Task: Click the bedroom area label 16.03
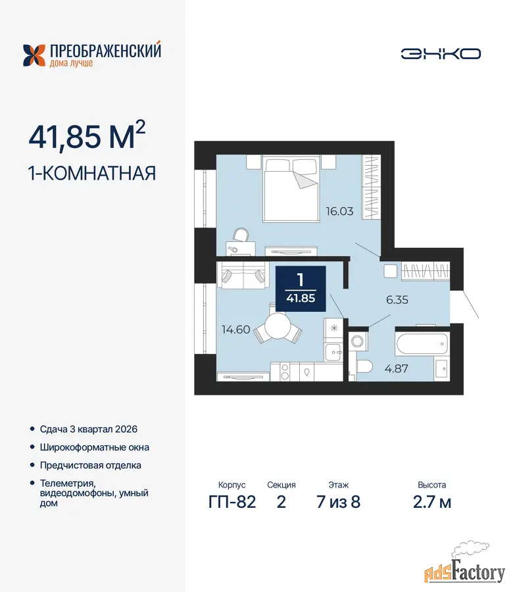tap(340, 211)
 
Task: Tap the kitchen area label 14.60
tap(236, 330)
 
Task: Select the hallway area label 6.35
tap(397, 300)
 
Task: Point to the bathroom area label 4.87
tap(397, 368)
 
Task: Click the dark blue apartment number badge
tap(301, 289)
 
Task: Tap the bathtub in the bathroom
tap(422, 343)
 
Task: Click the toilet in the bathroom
tap(364, 366)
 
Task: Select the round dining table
tap(278, 328)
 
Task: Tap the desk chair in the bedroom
tap(241, 235)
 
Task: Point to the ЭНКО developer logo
tap(441, 54)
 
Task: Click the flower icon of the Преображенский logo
tap(34, 55)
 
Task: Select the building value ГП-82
tap(232, 502)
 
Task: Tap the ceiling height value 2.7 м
tap(432, 502)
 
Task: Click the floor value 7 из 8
tap(339, 502)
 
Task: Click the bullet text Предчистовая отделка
tap(91, 466)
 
